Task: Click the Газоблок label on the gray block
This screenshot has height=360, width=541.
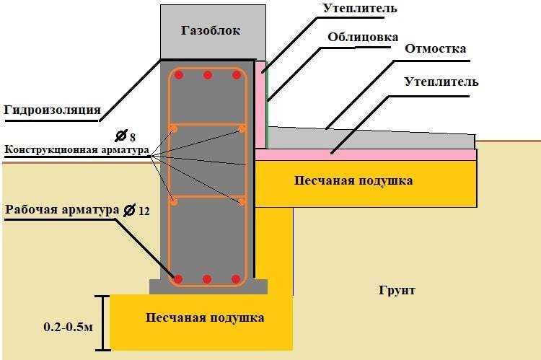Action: pos(211,30)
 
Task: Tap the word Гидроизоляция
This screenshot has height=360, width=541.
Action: pos(53,110)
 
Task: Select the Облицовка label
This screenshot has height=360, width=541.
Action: pos(363,37)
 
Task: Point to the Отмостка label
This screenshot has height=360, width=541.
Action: pos(435,48)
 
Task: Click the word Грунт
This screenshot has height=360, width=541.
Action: pos(397,290)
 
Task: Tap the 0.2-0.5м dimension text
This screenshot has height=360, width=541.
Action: pos(69,327)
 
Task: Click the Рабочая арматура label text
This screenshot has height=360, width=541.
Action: pos(62,209)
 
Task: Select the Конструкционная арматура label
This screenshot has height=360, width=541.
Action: pos(76,150)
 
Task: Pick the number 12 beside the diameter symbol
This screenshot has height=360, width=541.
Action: pos(144,211)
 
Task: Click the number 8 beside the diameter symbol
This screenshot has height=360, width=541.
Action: pos(133,138)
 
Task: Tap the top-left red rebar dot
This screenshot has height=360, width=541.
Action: pos(179,75)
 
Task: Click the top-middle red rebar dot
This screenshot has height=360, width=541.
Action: pos(207,75)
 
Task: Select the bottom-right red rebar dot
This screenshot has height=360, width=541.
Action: pos(236,279)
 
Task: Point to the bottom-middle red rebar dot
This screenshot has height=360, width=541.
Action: pos(207,279)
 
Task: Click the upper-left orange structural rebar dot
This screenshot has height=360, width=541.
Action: pos(174,129)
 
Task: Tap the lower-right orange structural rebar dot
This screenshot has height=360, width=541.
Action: pos(242,202)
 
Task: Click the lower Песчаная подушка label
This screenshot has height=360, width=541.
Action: pos(205,317)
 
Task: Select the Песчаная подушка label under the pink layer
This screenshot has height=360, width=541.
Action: pos(353,180)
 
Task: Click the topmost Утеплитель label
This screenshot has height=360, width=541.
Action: pos(360,9)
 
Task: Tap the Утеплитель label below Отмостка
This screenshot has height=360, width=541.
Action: pos(441,82)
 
